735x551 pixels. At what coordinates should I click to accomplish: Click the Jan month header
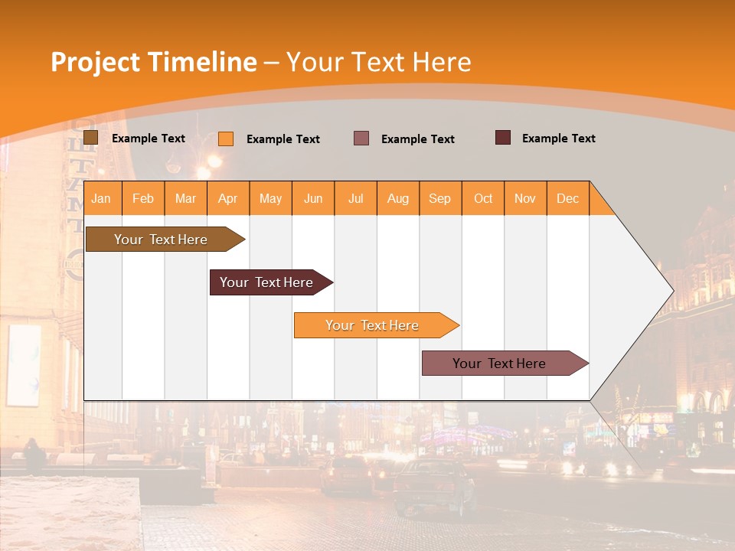[x=102, y=198]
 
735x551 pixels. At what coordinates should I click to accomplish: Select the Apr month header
[x=228, y=198]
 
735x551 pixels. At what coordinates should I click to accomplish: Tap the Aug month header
[x=398, y=198]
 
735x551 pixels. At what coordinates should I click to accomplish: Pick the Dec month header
[x=567, y=198]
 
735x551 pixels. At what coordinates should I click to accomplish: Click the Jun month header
[x=313, y=198]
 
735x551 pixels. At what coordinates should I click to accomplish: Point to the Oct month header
[x=483, y=198]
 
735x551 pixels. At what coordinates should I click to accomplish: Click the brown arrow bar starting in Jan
[x=162, y=240]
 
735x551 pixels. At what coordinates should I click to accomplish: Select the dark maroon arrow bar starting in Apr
[x=267, y=282]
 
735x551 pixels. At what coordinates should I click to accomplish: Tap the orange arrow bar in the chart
[x=373, y=325]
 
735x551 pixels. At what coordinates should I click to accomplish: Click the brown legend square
[x=90, y=138]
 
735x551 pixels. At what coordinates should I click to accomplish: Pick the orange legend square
[x=226, y=139]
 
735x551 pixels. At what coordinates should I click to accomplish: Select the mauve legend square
[x=361, y=139]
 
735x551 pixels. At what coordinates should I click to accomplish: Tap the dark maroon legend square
[x=503, y=138]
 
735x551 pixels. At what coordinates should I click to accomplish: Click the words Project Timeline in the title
[x=154, y=62]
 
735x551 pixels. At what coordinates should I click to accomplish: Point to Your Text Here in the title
[x=378, y=62]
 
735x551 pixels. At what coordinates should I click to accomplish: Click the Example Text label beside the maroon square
[x=558, y=139]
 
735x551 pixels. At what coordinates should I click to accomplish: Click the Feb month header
[x=143, y=198]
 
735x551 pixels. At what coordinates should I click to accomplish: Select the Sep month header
[x=440, y=198]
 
